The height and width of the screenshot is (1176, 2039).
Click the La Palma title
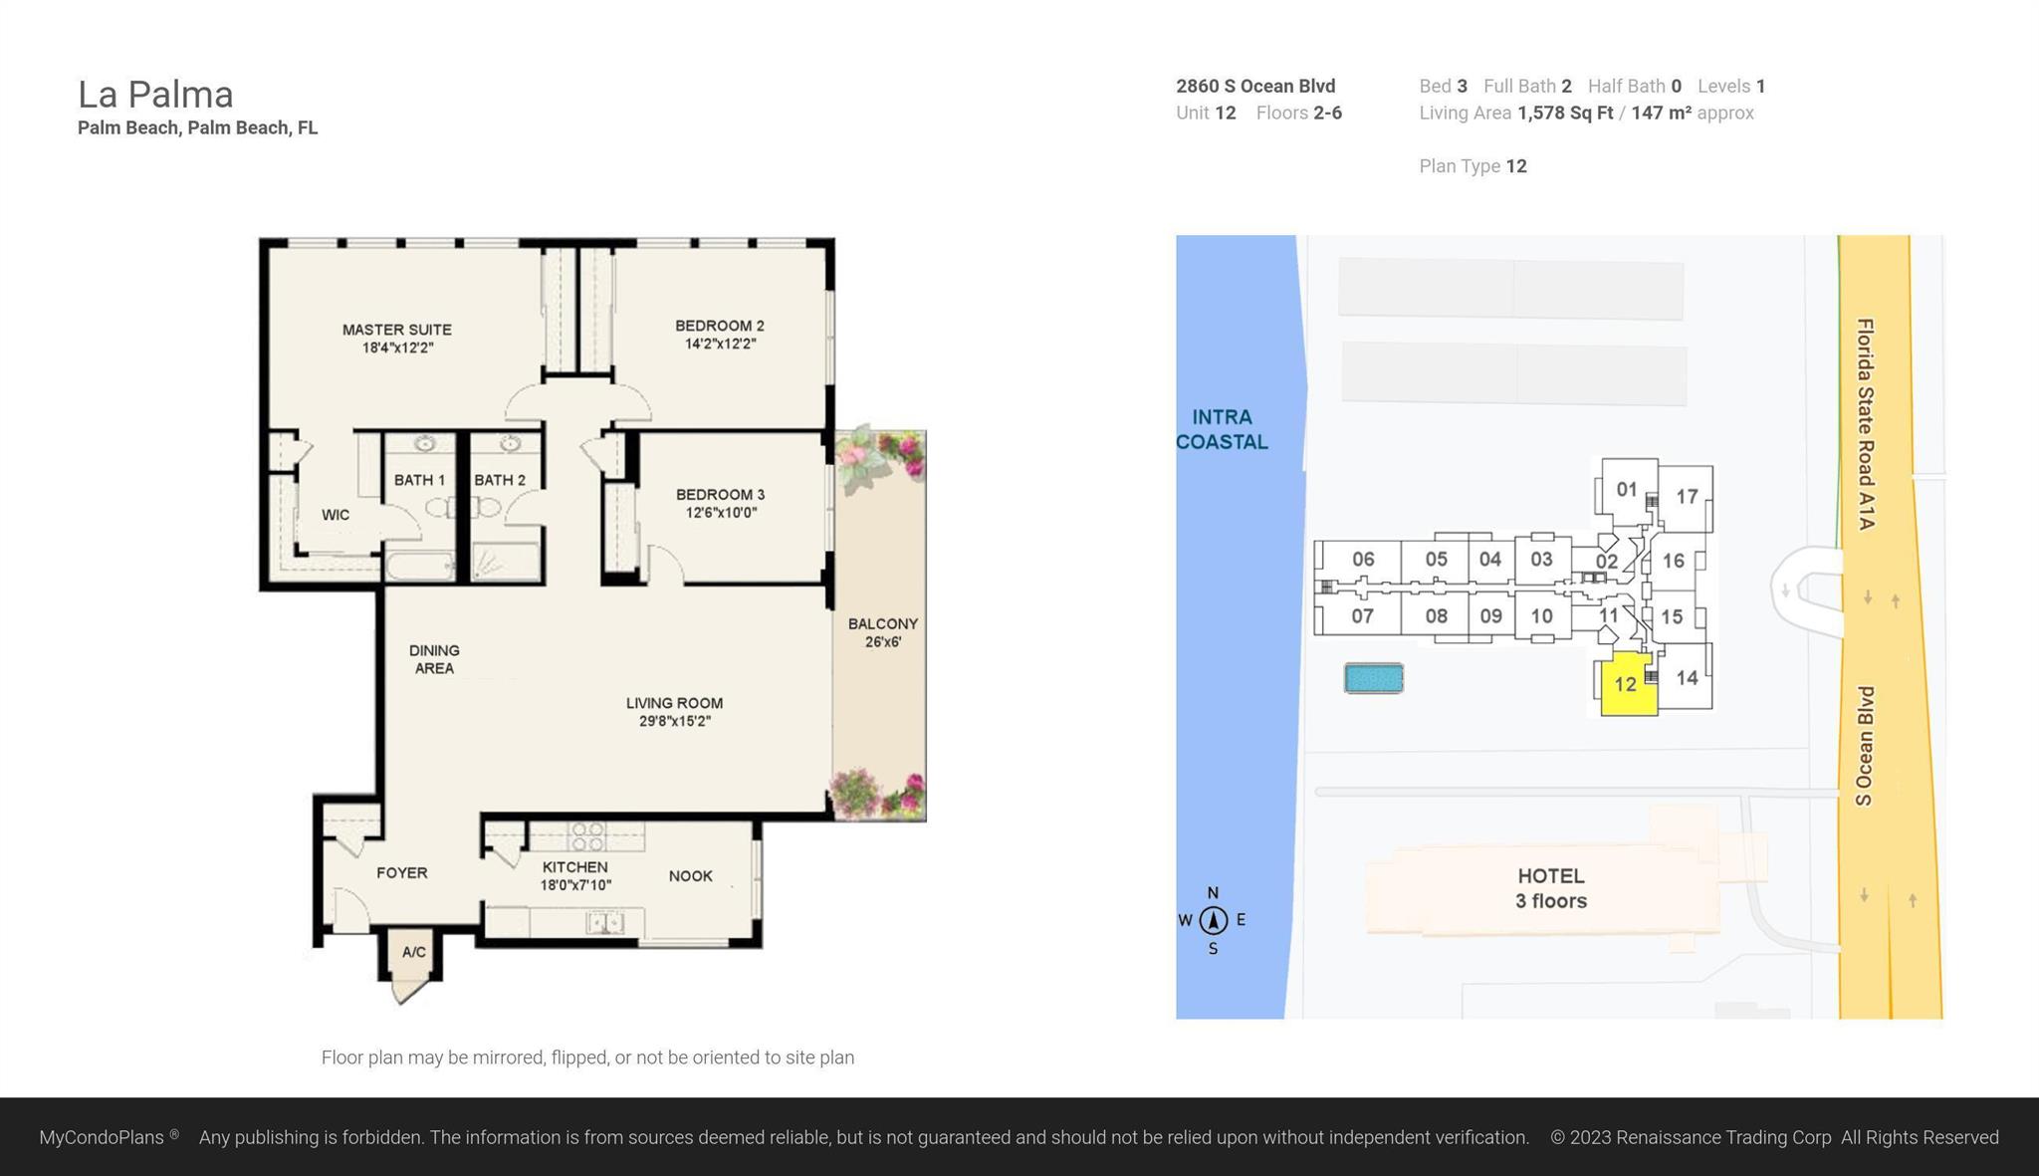coord(155,95)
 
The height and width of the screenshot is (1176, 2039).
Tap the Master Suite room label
coord(396,330)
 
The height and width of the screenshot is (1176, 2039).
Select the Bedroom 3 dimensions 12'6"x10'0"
coord(721,513)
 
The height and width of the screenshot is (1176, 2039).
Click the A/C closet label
coord(414,952)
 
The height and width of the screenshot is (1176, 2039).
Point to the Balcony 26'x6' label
coord(882,632)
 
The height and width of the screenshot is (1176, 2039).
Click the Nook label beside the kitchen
coord(690,876)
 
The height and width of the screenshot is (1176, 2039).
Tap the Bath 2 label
coord(499,480)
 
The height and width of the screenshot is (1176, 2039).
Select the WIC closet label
coord(336,515)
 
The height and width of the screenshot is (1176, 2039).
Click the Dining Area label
coord(434,659)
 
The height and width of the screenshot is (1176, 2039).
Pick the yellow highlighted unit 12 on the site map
coord(1625,685)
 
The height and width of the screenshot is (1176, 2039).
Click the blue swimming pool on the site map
coord(1373,678)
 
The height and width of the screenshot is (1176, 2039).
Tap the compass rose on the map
coord(1213,920)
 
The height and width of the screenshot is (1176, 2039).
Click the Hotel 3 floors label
coord(1550,888)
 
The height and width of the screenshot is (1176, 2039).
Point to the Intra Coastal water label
coord(1222,429)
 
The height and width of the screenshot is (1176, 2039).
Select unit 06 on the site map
coord(1362,560)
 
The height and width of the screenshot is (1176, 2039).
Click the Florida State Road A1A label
coord(1865,423)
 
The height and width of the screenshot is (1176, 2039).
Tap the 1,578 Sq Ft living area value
coord(1564,113)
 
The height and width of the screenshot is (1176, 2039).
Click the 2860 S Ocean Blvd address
coord(1255,87)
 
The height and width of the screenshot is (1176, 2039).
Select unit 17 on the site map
coord(1686,496)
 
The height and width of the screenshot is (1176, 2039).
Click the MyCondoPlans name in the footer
coord(102,1137)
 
